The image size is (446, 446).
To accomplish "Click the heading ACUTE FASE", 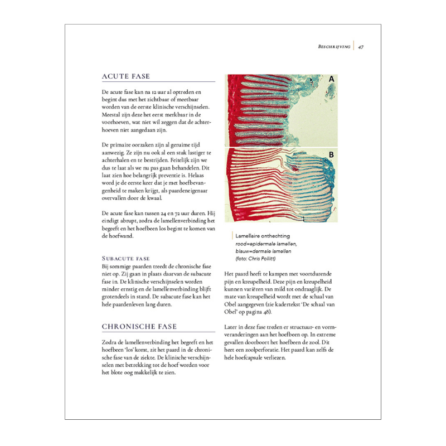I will tap(125, 76).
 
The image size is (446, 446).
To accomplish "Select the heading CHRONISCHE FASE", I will tap(139, 326).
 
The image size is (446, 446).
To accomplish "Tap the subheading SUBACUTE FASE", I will tap(126, 259).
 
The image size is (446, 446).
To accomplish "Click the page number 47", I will tap(361, 47).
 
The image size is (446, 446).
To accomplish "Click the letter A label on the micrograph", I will tap(331, 79).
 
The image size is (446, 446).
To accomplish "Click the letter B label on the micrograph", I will tap(331, 154).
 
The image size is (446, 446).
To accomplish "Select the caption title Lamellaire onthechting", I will tap(263, 236).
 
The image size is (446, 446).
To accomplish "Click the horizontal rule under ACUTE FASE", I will tap(158, 83).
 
